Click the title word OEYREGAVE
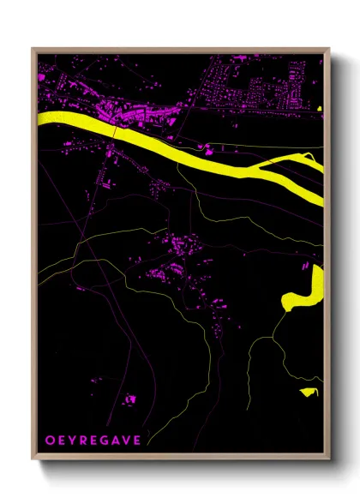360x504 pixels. pos(93,440)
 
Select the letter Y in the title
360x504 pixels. pos(71,440)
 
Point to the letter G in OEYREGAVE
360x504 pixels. pos(105,440)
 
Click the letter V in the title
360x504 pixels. pos(127,440)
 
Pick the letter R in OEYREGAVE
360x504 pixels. pos(83,440)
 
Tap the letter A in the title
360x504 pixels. pos(116,440)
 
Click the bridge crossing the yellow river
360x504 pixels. pos(116,130)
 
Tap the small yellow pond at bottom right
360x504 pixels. pos(309,392)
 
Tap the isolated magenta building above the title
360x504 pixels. pos(130,399)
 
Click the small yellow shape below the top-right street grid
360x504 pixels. pos(319,109)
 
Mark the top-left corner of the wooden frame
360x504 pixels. pos(33,49)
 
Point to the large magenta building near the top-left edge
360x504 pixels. pos(41,76)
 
